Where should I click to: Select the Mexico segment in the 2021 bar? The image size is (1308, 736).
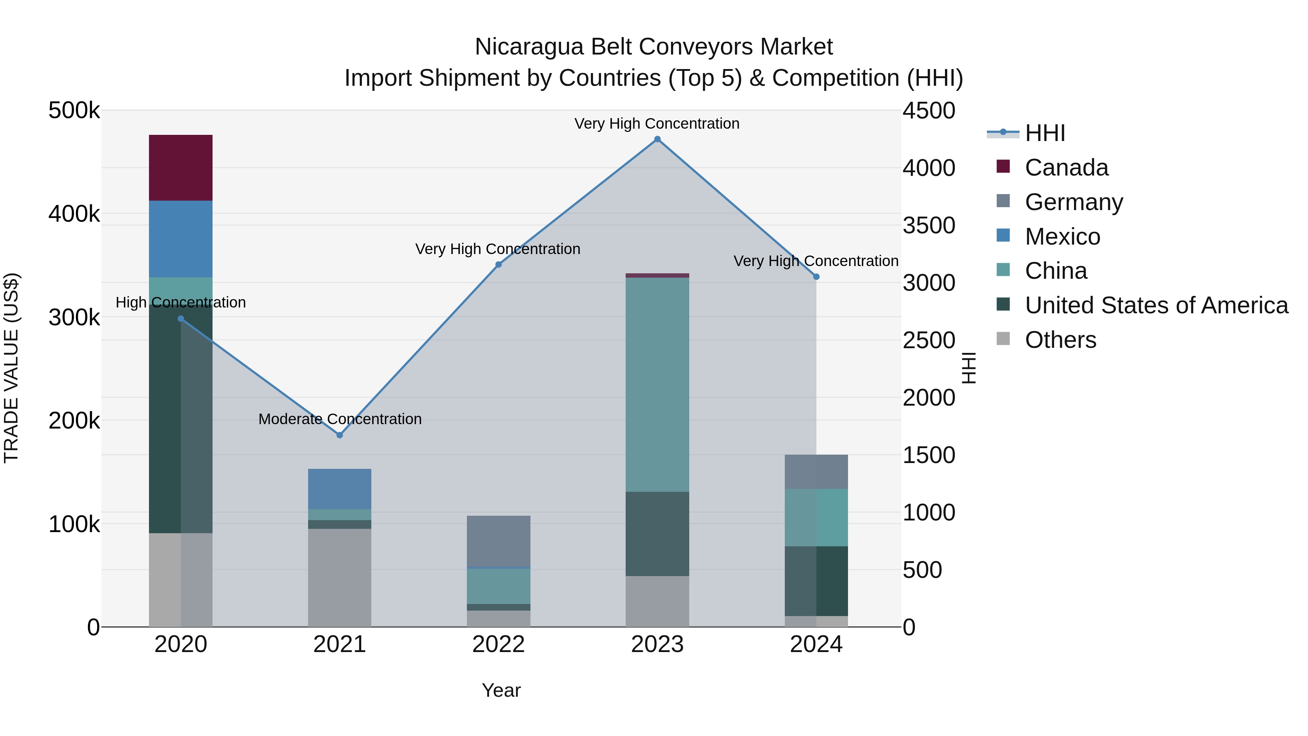coord(339,488)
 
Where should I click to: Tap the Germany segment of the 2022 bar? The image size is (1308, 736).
coord(498,541)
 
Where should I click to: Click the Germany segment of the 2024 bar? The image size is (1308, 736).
coord(816,471)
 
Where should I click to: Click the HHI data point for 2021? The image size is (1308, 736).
coord(340,435)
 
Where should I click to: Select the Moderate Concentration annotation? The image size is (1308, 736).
coord(340,419)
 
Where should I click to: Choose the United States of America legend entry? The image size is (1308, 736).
coord(1156,305)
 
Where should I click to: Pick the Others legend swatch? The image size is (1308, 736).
coord(1003,339)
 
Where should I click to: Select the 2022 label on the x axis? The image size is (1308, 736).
coord(498,644)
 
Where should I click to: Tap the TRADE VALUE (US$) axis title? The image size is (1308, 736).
coord(11,368)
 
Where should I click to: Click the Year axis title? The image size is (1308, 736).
coord(501,690)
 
